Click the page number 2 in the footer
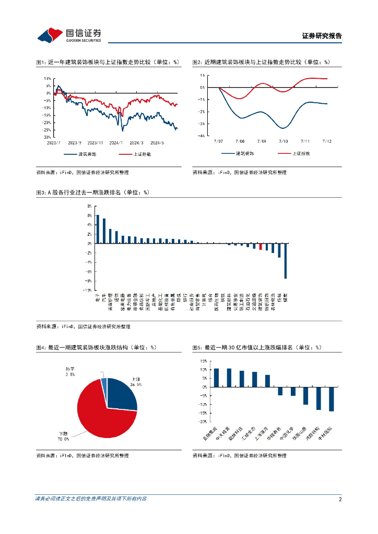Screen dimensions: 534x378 click(340, 499)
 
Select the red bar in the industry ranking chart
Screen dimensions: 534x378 click(261, 246)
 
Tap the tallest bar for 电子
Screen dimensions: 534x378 click(98, 229)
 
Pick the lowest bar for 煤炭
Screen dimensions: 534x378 click(286, 261)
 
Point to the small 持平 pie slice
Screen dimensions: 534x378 click(104, 386)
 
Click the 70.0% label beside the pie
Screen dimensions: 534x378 click(63, 439)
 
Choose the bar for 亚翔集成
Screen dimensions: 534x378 click(216, 378)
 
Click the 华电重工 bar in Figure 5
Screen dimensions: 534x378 click(280, 391)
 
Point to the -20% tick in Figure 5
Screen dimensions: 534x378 click(202, 421)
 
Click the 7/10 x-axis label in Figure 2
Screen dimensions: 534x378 click(283, 141)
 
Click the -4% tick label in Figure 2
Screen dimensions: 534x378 click(202, 136)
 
